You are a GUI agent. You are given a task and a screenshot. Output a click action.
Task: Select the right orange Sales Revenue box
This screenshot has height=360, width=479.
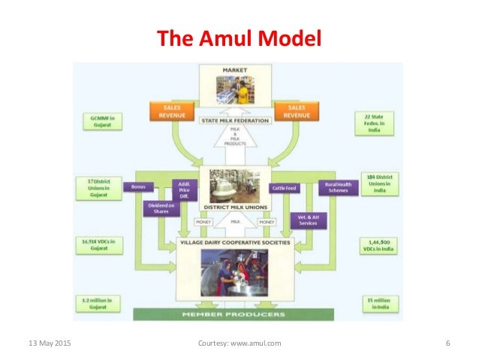click(x=295, y=111)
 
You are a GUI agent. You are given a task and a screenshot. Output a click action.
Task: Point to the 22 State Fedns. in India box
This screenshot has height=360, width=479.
click(x=371, y=123)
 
